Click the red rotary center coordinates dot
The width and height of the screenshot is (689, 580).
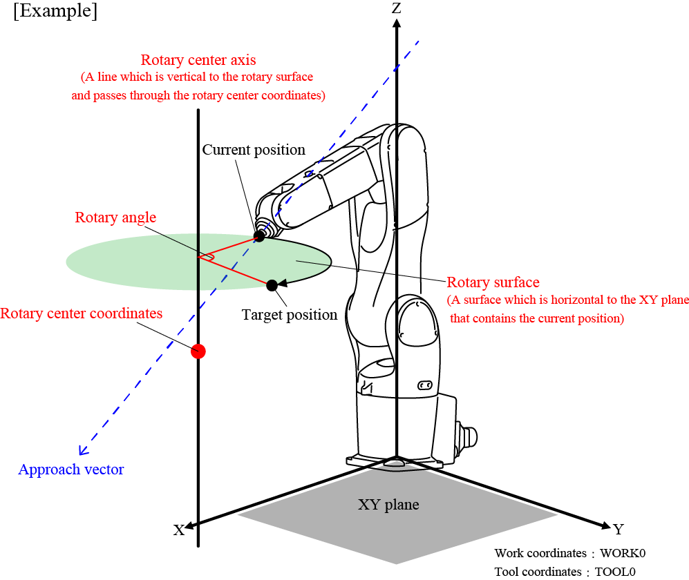[199, 351]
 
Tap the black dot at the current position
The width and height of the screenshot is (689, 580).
[259, 236]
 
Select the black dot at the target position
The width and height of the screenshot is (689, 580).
[272, 284]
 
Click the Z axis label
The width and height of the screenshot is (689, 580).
[396, 8]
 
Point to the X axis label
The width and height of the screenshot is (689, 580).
[179, 530]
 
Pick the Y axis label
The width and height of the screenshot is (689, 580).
[619, 530]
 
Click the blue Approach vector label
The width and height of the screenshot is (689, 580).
[71, 470]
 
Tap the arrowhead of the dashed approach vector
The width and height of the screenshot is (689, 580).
[83, 450]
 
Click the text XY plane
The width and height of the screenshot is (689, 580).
[388, 504]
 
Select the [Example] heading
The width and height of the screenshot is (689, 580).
[55, 12]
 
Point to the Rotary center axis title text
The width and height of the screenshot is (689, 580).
[198, 60]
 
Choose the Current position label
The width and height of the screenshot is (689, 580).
[254, 149]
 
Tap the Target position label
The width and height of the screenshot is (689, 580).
[290, 315]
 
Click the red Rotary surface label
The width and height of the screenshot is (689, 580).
[493, 282]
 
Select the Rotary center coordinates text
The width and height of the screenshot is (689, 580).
[82, 313]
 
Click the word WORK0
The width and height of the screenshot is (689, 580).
[623, 553]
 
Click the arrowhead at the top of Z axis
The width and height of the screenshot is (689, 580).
[396, 22]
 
